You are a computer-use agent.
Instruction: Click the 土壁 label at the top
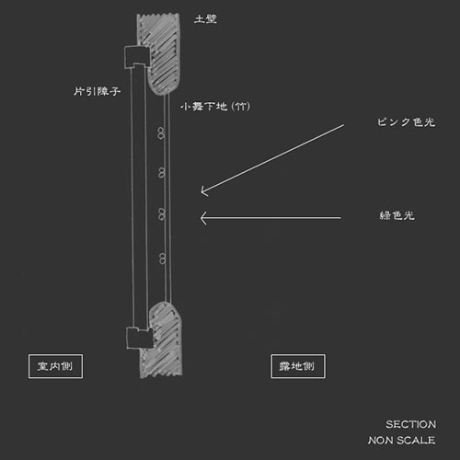pyautogui.click(x=205, y=19)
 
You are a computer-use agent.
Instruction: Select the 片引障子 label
pyautogui.click(x=97, y=91)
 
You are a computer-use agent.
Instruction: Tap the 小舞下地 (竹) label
pyautogui.click(x=215, y=107)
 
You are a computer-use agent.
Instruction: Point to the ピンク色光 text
pyautogui.click(x=406, y=122)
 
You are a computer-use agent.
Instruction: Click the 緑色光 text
pyautogui.click(x=397, y=215)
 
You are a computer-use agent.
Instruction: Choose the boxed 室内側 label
pyautogui.click(x=55, y=366)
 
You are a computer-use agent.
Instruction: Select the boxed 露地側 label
pyautogui.click(x=298, y=366)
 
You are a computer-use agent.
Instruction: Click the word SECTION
pyautogui.click(x=410, y=424)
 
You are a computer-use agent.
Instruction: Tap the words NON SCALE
pyautogui.click(x=401, y=441)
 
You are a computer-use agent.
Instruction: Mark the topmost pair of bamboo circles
pyautogui.click(x=162, y=133)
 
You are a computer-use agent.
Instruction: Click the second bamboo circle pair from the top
pyautogui.click(x=162, y=173)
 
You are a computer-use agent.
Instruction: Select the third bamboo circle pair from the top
pyautogui.click(x=162, y=214)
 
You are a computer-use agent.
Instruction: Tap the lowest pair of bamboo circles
pyautogui.click(x=163, y=259)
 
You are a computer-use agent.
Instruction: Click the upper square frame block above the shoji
pyautogui.click(x=137, y=57)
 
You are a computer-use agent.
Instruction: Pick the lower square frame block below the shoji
pyautogui.click(x=140, y=338)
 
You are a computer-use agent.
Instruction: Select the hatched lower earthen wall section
pyautogui.click(x=163, y=340)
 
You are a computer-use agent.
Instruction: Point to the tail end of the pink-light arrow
pyautogui.click(x=344, y=125)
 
